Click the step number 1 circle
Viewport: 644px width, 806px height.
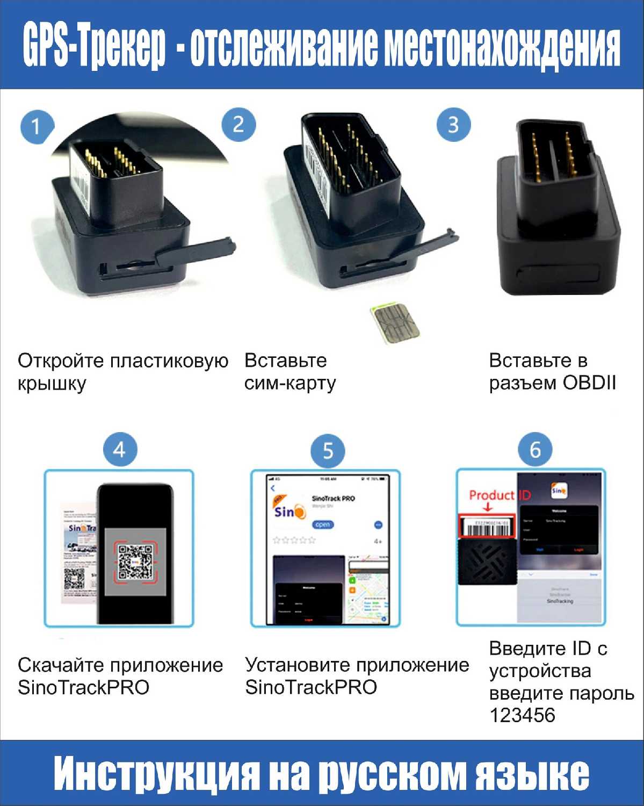37,127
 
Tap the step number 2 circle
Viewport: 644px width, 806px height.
238,125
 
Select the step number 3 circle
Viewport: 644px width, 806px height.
453,125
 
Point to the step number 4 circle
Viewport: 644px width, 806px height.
120,450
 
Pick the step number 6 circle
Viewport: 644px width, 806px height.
535,450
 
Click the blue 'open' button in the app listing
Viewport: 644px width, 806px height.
323,524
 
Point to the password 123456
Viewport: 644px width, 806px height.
522,715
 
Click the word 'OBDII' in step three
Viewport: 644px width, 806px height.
589,383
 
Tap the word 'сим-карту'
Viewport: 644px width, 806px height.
290,383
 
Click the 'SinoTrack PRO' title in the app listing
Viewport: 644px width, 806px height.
333,498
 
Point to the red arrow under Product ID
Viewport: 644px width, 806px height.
488,507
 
